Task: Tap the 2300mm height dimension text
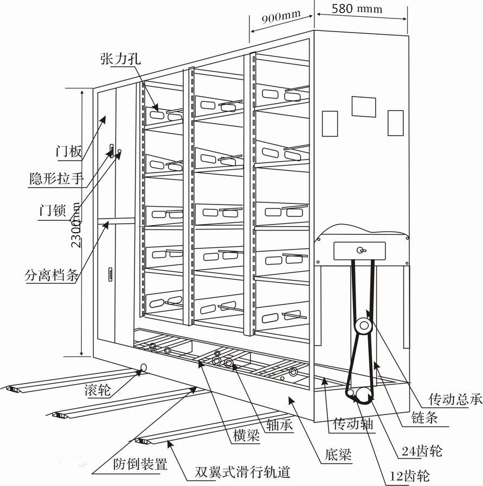(76, 225)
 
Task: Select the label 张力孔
(120, 59)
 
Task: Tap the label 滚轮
(99, 390)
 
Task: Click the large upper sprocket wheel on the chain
(362, 325)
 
